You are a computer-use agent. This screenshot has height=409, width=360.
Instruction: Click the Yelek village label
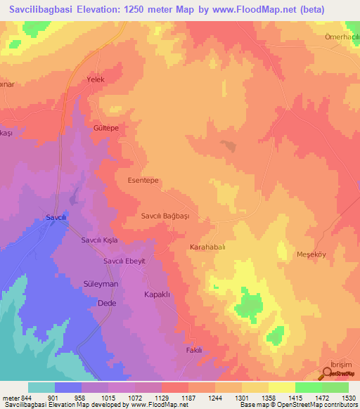[x=95, y=79]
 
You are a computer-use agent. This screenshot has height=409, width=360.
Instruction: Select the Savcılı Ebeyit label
[x=124, y=261]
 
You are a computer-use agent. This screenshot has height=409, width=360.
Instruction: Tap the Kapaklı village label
[x=157, y=294]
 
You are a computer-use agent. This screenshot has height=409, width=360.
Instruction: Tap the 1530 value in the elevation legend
[x=348, y=398]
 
